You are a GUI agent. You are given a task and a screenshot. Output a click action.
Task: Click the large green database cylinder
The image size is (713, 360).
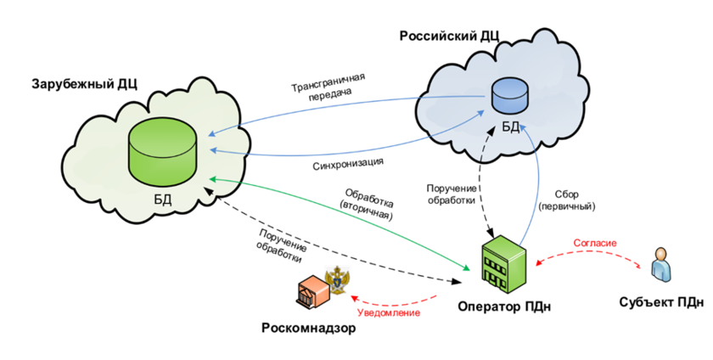163,152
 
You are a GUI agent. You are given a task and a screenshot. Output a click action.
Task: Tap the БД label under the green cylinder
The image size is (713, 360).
163,200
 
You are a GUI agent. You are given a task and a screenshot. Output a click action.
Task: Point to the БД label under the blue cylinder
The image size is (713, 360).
510,127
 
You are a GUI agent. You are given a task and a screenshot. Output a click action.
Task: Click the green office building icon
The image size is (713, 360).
503,264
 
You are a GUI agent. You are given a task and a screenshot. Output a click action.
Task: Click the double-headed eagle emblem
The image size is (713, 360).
338,280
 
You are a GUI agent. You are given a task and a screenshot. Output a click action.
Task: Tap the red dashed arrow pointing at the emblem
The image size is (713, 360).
395,302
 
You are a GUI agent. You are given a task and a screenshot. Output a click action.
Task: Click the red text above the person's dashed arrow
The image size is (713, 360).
594,242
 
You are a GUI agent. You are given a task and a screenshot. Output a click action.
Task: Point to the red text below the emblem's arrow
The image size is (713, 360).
388,313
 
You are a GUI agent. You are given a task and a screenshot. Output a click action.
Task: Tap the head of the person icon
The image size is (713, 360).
660,253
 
